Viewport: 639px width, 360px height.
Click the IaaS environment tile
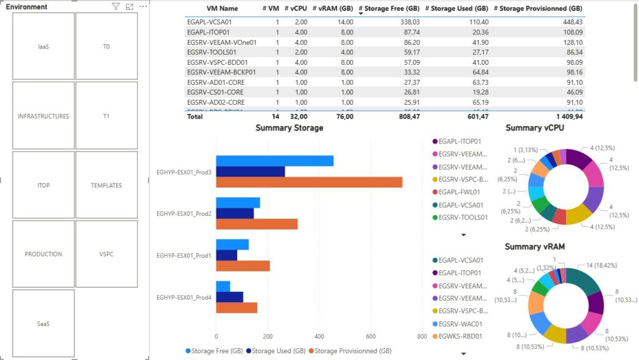click(x=43, y=47)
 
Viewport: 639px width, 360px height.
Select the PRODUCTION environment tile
click(x=43, y=254)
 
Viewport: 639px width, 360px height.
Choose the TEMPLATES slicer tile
click(x=106, y=185)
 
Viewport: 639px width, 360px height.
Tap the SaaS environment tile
click(x=43, y=323)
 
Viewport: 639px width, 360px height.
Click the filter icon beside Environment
click(x=115, y=7)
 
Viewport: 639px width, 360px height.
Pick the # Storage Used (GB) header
click(x=456, y=9)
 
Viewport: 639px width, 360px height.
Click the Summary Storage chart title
click(x=289, y=128)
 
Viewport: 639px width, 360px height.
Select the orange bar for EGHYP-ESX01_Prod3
click(x=309, y=182)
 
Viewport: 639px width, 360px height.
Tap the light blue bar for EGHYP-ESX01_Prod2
click(x=238, y=203)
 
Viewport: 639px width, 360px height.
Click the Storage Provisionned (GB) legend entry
click(x=352, y=351)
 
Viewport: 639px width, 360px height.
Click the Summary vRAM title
click(x=534, y=246)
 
